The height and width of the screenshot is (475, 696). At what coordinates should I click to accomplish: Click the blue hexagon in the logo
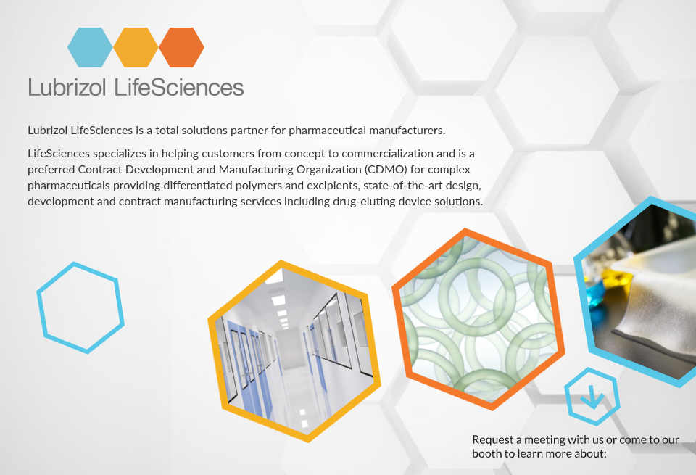click(x=90, y=47)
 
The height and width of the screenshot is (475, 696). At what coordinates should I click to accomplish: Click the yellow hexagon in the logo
click(x=136, y=47)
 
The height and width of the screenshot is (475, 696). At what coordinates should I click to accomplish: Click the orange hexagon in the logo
click(x=181, y=47)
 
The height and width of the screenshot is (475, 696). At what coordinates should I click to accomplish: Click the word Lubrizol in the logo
click(x=68, y=88)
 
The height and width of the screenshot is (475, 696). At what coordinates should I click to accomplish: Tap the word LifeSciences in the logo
click(x=179, y=88)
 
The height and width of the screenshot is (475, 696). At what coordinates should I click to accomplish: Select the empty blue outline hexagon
click(x=80, y=307)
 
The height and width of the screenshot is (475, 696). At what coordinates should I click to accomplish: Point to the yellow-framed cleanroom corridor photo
click(x=294, y=350)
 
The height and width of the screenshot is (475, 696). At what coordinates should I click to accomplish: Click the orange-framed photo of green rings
click(x=476, y=319)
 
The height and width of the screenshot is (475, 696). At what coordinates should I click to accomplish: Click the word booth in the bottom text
click(x=487, y=453)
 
